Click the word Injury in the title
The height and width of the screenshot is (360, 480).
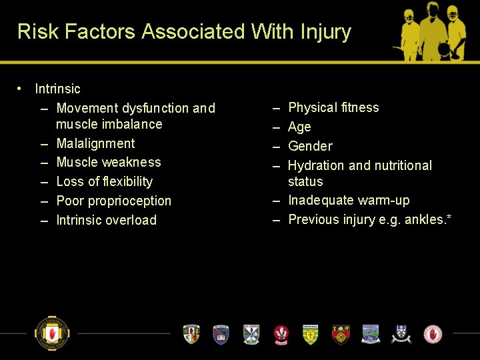pyautogui.click(x=327, y=31)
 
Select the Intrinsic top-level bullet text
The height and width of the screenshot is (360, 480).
pyautogui.click(x=57, y=89)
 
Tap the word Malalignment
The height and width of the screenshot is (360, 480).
pyautogui.click(x=95, y=143)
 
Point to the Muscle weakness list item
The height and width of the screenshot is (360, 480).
pyautogui.click(x=109, y=162)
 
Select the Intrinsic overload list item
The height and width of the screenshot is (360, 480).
pyautogui.click(x=106, y=220)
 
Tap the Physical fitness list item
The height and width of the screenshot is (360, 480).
pyautogui.click(x=333, y=107)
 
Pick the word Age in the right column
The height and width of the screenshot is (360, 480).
pyautogui.click(x=299, y=127)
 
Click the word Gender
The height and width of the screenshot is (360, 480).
pyautogui.click(x=310, y=146)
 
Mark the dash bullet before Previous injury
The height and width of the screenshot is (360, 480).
pyautogui.click(x=276, y=219)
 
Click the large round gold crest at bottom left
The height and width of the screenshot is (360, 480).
pyautogui.click(x=52, y=333)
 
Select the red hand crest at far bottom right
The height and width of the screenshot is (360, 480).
pyautogui.click(x=433, y=333)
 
